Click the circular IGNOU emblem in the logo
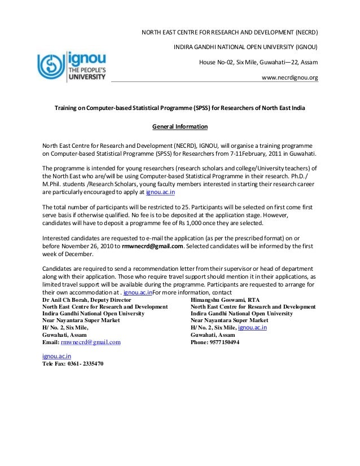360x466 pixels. tap(51, 66)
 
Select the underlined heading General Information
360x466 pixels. tap(179, 126)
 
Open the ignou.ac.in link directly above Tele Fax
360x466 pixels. tap(56, 357)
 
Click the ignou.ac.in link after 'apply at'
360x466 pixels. tap(160, 192)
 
